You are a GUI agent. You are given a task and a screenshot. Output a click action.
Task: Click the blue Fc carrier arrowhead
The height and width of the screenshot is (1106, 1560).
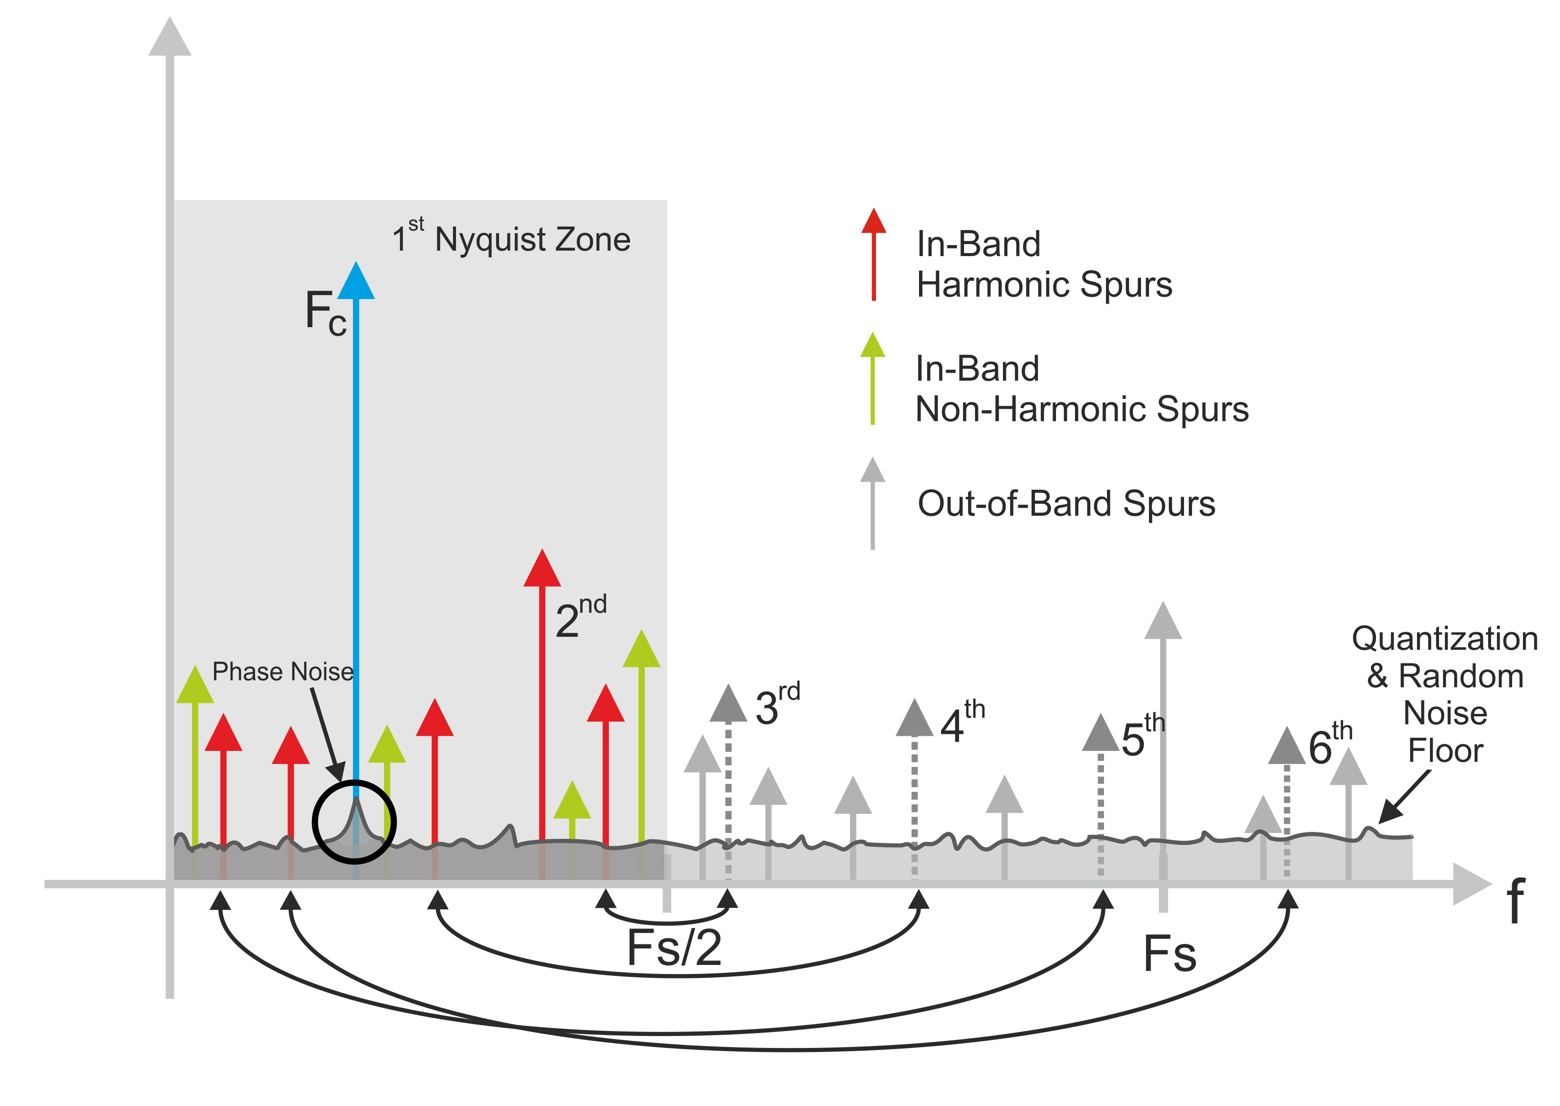(355, 282)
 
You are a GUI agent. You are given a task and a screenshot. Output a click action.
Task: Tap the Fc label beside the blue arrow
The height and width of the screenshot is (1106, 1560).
(325, 313)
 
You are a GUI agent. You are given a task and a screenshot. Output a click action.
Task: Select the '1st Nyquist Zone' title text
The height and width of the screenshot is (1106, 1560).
(512, 239)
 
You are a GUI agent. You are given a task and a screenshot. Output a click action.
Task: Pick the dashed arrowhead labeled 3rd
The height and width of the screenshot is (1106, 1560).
(728, 705)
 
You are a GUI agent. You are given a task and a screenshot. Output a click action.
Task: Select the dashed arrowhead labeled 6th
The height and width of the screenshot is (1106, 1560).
(1286, 747)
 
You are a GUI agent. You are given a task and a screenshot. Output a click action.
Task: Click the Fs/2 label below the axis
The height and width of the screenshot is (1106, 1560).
(674, 947)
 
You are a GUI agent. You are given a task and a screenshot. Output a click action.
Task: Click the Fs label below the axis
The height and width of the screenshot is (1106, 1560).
(1169, 953)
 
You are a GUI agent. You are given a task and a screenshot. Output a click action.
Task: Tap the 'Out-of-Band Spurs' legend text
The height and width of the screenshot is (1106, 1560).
(1066, 504)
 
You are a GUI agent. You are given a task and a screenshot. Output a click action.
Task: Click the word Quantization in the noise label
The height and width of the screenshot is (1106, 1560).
(1444, 639)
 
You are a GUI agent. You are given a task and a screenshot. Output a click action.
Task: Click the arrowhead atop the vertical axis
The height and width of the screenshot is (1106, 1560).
(169, 38)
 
